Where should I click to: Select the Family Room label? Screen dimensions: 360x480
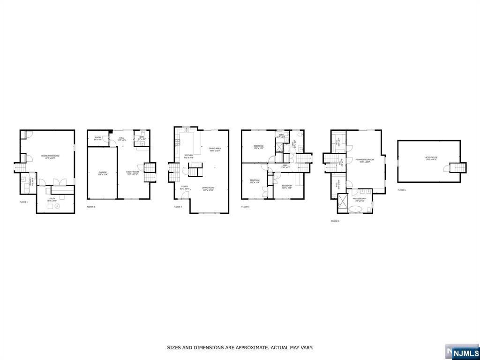click(x=133, y=172)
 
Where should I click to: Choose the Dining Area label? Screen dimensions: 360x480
click(x=215, y=150)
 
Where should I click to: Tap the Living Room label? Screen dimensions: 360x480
click(x=208, y=189)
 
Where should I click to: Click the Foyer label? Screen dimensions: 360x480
click(x=185, y=187)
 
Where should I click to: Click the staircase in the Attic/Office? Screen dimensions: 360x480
click(x=456, y=168)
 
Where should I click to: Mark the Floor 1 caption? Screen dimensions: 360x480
click(x=23, y=202)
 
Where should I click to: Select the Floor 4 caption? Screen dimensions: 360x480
click(x=246, y=207)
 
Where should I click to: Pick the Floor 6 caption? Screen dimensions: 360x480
click(x=402, y=190)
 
